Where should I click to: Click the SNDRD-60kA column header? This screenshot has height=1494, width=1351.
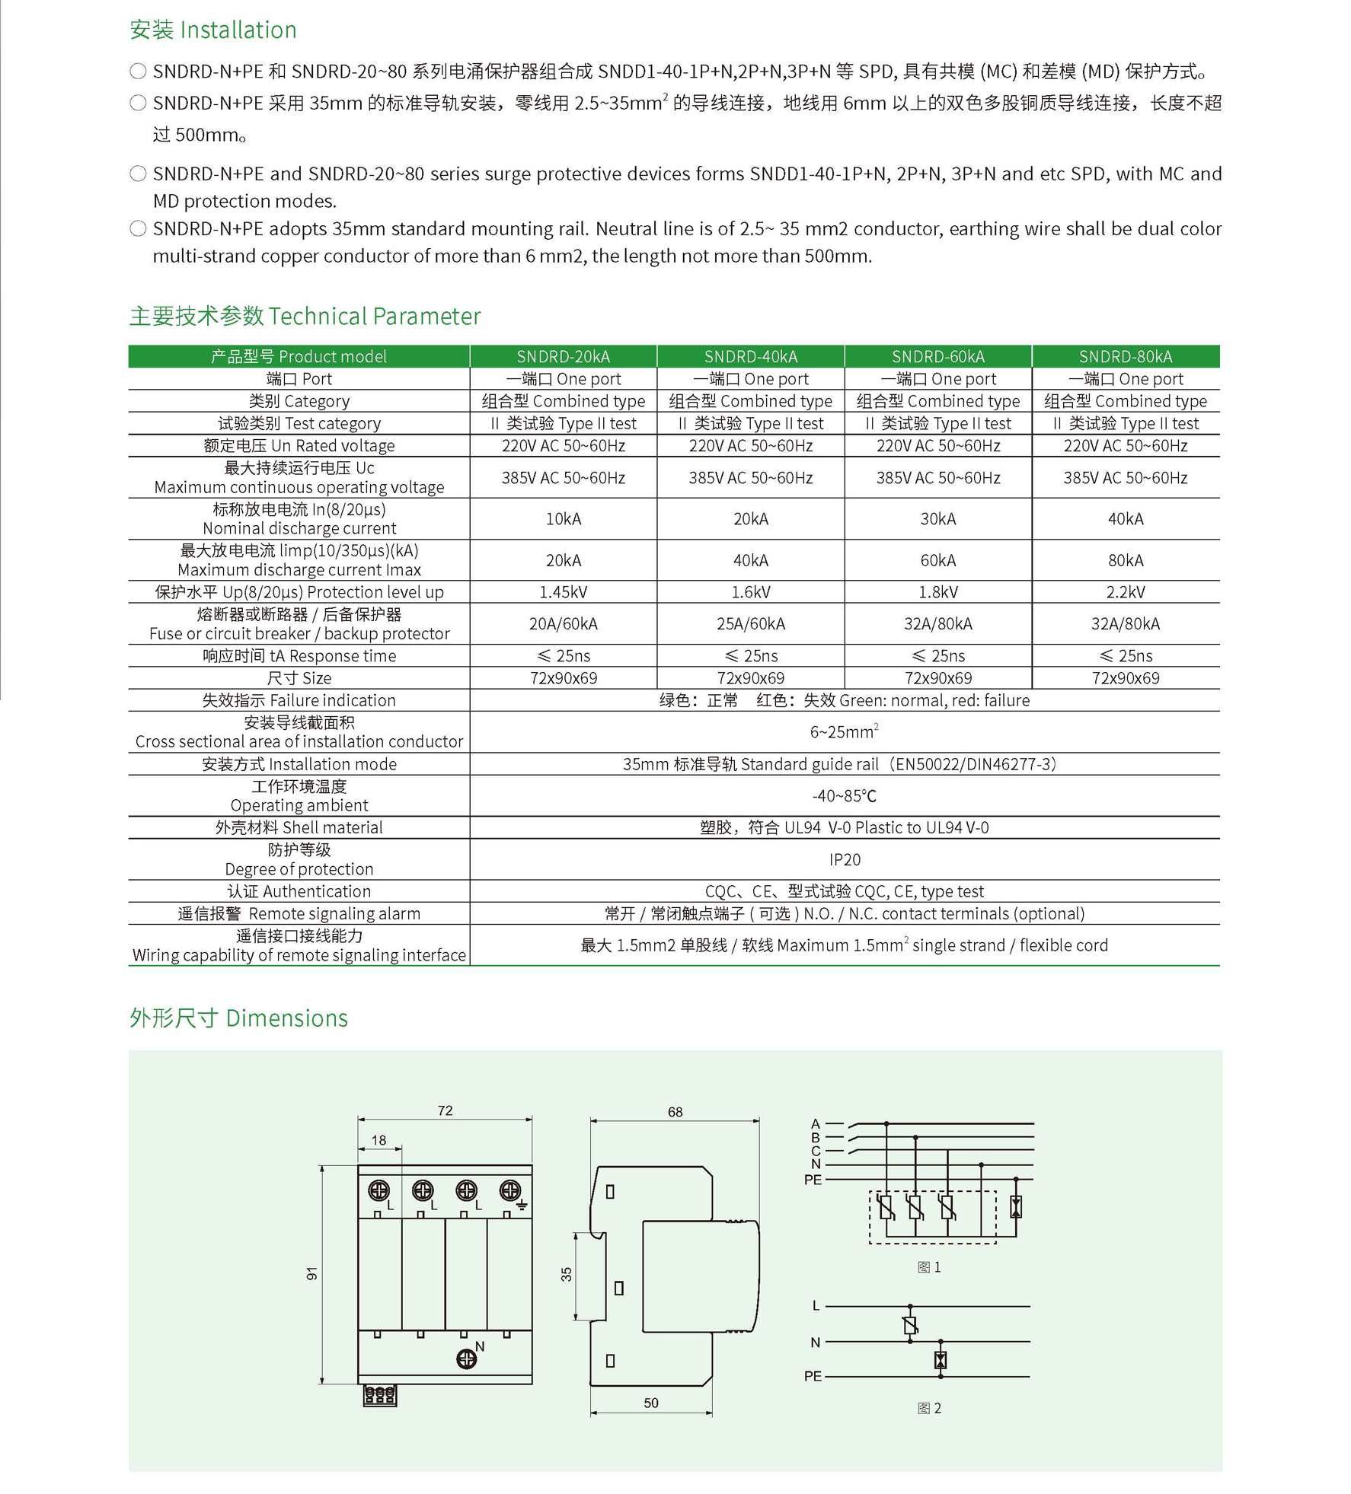coord(937,356)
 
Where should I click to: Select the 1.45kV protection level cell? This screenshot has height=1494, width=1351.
coord(563,592)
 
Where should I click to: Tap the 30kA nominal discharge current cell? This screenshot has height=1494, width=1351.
coord(937,519)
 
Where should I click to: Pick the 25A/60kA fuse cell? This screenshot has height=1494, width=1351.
coord(750,624)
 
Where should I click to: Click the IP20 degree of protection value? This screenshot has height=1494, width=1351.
coord(845,859)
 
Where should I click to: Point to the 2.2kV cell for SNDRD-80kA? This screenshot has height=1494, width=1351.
coord(1125,592)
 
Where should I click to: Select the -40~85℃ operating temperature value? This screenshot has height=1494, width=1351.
coord(845,796)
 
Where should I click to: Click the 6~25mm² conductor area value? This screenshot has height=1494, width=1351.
coord(844,732)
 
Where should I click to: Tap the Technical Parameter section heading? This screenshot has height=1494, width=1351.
coord(305,316)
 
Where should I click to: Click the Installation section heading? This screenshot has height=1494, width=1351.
coord(213,30)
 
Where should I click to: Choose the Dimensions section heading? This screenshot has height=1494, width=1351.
coord(238,1018)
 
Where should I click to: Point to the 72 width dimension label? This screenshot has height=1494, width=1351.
coord(445,1110)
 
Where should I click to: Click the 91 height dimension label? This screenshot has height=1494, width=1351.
coord(311,1273)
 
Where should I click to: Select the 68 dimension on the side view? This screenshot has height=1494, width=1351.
coord(675,1112)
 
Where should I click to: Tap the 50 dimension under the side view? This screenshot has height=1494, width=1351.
coord(650,1403)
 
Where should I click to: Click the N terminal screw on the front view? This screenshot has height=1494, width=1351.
coord(466,1359)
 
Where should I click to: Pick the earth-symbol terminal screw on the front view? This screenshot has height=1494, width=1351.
coord(510,1190)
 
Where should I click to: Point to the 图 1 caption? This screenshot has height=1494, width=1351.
coord(929,1267)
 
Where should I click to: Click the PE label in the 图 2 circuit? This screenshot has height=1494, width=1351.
coord(813,1376)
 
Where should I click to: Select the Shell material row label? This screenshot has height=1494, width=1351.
coord(299,827)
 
